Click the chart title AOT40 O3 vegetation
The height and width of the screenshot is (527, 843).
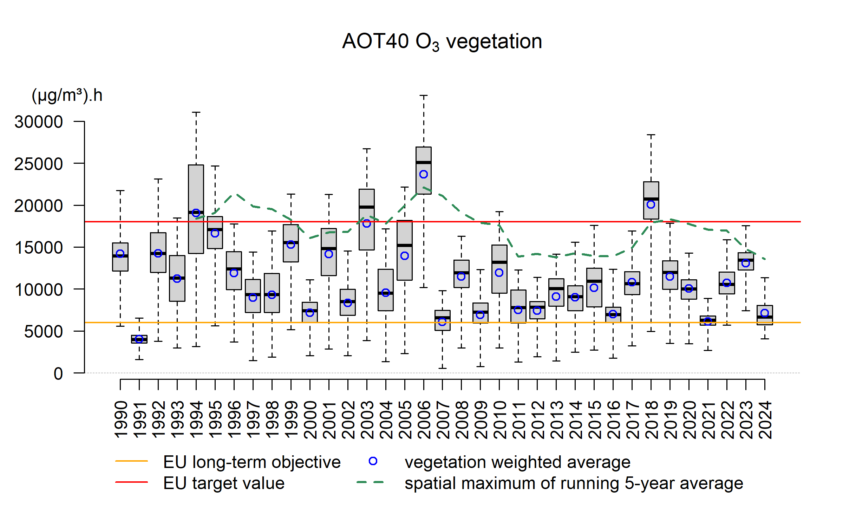coord(442,42)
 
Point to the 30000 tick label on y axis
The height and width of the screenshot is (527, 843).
coord(39,122)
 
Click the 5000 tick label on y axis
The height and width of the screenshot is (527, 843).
coord(43,331)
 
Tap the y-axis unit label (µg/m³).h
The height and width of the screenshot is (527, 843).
coord(67,95)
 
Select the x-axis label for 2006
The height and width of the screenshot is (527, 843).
coord(424,419)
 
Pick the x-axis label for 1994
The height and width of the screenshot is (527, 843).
coord(196,419)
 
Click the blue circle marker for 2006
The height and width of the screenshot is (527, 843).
coord(424,174)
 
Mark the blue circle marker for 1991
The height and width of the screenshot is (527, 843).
coord(139,339)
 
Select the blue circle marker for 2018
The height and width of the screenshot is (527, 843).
coord(651,204)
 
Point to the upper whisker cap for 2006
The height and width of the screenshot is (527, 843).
coord(424,95)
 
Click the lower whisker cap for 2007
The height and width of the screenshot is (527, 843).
coord(443,368)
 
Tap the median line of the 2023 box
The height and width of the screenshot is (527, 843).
coord(746,260)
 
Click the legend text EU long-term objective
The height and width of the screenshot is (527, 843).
coord(252,462)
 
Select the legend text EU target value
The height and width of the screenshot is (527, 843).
coord(224,483)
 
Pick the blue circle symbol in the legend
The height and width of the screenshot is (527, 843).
coord(373,461)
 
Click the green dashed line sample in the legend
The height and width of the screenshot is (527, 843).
coord(370,482)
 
